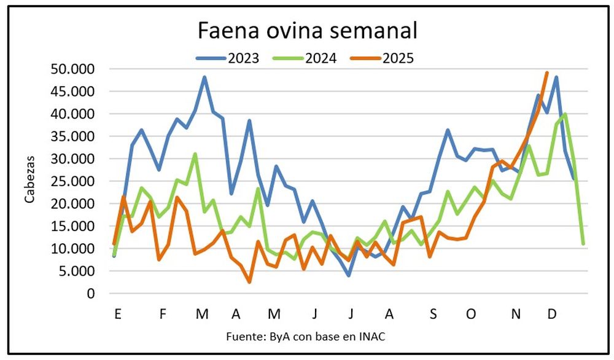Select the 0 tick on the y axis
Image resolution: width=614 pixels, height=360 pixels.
pos(91,294)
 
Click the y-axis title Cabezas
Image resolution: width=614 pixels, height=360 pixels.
pos(29,181)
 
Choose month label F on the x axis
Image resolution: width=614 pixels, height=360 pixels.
pos(163,314)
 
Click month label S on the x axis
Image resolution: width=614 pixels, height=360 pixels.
pos(433,314)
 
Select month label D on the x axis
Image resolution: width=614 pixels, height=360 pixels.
pos(551,314)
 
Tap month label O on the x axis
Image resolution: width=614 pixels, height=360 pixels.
pos(471,314)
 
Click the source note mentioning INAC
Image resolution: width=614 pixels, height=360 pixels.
pos(306,337)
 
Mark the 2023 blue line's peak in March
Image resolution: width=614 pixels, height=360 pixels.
pos(204,77)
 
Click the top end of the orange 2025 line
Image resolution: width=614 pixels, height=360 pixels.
pos(546,72)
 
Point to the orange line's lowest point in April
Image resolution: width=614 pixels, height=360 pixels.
pos(249,282)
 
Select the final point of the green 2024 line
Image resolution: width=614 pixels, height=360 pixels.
pos(583,244)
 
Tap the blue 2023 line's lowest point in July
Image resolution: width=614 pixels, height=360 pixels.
pos(349,275)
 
